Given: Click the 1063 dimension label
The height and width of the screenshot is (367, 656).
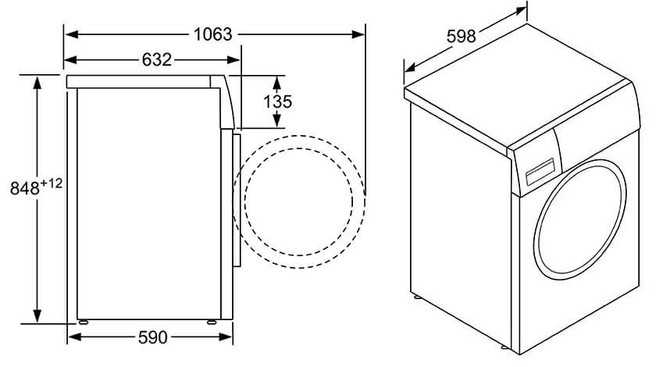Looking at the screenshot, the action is click(212, 34).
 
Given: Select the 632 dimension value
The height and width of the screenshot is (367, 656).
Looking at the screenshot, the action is click(157, 60).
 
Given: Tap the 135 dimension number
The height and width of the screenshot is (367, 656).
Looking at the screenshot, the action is click(277, 102).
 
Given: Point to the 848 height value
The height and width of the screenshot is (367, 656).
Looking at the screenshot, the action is click(25, 189).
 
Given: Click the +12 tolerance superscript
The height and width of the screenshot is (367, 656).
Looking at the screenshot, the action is click(52, 183).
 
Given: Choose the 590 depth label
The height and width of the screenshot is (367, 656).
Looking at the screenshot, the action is click(153, 337).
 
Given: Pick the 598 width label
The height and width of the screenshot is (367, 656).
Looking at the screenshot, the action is click(461, 37).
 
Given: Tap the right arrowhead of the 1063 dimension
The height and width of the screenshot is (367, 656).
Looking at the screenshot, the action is click(358, 34).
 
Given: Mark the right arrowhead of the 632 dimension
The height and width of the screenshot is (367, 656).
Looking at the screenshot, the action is click(234, 60).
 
